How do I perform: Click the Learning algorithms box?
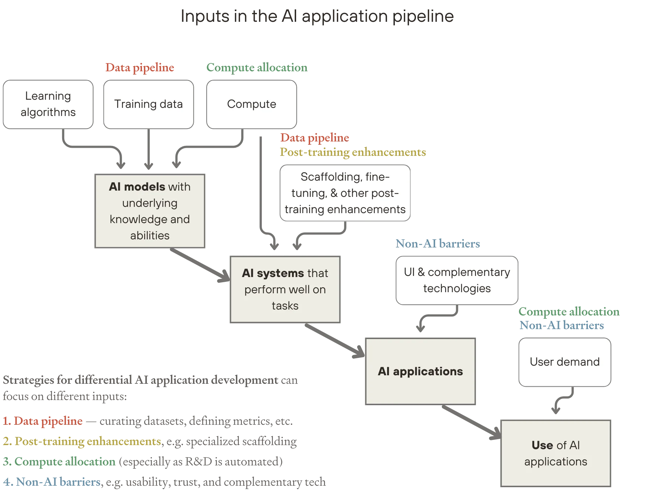point(48,104)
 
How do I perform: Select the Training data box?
point(148,104)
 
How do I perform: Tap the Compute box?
point(251,104)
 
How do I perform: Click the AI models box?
point(150,211)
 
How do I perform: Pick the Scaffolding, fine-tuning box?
point(345,193)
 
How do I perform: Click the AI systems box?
point(285,289)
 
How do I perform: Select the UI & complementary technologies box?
point(457,280)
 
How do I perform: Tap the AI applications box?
point(420,372)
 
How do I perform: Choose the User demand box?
point(565,362)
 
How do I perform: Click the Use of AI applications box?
point(556,453)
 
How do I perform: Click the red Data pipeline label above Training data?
point(139,68)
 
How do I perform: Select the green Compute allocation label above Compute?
point(257,68)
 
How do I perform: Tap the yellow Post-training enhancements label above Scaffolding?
point(352,152)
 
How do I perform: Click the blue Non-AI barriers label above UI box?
point(438,243)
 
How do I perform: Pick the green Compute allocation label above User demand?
point(569,311)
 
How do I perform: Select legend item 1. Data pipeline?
point(43,421)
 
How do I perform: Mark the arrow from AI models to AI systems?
point(200,264)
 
